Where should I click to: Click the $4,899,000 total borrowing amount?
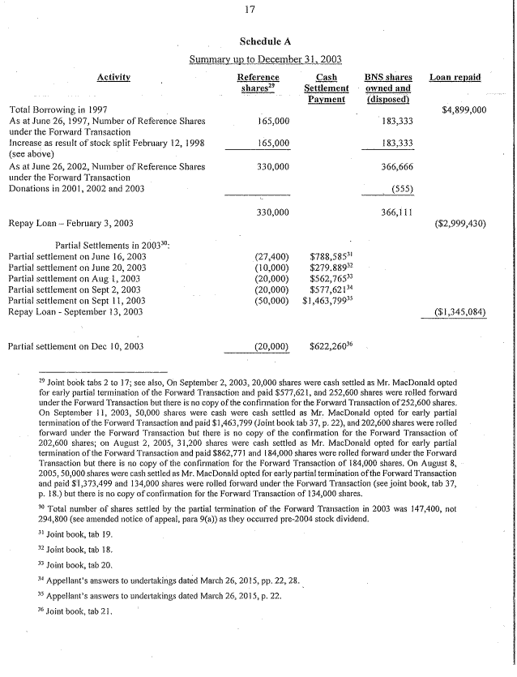coord(463,109)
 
